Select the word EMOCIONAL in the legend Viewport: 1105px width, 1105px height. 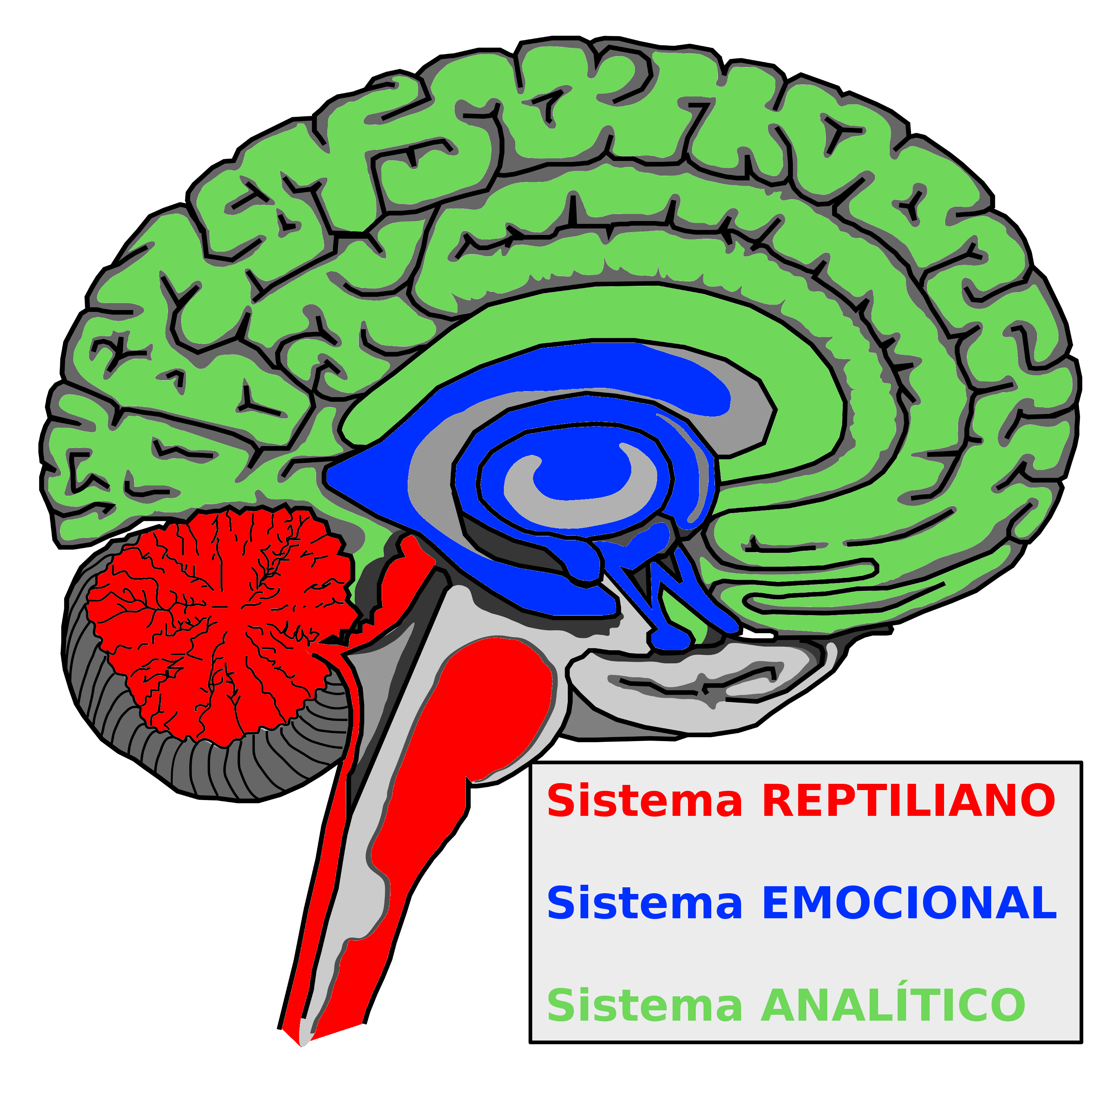tap(909, 903)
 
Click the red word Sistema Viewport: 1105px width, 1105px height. tap(645, 801)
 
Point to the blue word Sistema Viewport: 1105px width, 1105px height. tap(645, 903)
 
